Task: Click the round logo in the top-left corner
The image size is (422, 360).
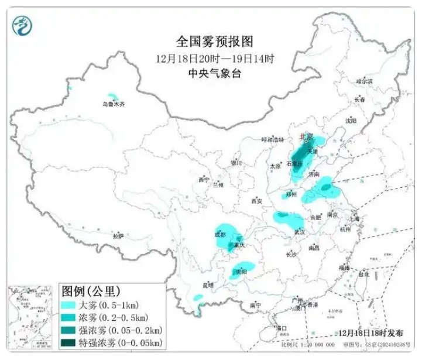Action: coord(22,23)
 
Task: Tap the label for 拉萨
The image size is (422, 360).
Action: coord(118,236)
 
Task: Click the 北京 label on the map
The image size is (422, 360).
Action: coord(306,136)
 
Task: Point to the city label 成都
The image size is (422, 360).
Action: coord(219,235)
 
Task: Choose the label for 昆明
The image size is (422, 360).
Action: coord(208,285)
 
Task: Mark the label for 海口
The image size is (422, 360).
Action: coord(282,328)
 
